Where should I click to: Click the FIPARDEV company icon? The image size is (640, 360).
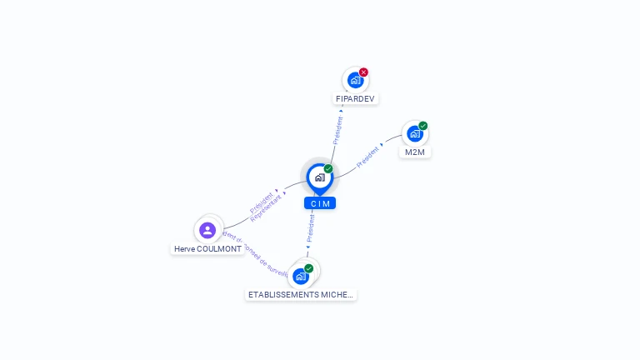[355, 81]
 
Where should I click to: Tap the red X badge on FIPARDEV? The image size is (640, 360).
[363, 72]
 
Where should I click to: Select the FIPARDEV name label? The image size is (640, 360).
[356, 98]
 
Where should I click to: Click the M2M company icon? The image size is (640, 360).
[414, 133]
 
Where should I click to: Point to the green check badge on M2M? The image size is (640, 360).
[423, 126]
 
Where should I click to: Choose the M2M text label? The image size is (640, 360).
[415, 152]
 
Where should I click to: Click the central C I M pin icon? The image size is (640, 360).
[319, 177]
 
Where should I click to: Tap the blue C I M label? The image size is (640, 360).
[320, 203]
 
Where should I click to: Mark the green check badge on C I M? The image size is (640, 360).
[328, 169]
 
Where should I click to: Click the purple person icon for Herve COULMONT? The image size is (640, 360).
[207, 230]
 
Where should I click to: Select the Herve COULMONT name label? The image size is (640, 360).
[207, 248]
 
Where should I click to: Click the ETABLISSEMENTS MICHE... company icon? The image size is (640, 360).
[300, 276]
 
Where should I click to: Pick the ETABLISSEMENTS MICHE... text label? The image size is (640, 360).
[301, 294]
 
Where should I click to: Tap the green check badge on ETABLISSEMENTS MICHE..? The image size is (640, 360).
[309, 268]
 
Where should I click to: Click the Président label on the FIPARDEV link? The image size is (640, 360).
[337, 129]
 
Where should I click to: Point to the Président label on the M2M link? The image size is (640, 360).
[367, 157]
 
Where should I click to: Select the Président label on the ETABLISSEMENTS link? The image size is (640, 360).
[310, 227]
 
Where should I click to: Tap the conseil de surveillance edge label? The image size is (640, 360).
[262, 257]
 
